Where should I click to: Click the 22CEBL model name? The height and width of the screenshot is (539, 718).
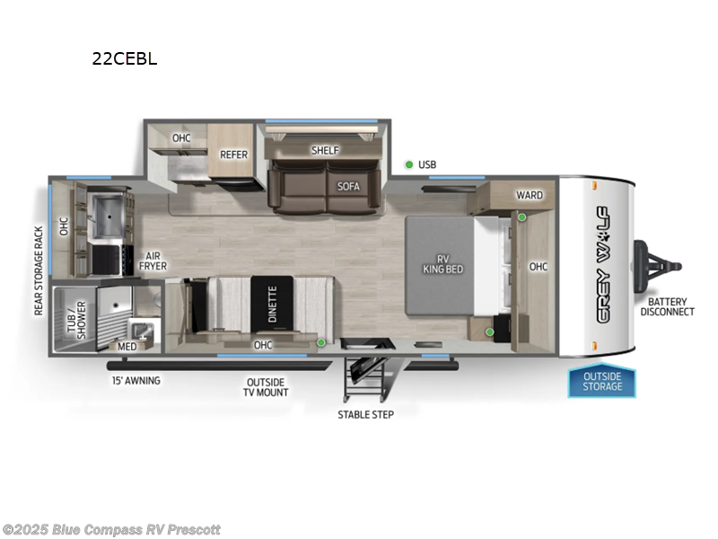coord(123,60)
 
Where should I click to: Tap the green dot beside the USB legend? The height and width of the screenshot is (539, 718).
coord(409,164)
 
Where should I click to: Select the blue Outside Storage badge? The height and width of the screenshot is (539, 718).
coord(602,381)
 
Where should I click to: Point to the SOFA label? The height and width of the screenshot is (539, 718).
coord(348,187)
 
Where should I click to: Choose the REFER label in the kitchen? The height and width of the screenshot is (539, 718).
coord(233,155)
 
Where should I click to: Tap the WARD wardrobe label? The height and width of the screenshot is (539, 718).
coord(529,195)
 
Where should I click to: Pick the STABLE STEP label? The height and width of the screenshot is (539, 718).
coord(365,414)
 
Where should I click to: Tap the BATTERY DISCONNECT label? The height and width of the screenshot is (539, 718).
coord(667,306)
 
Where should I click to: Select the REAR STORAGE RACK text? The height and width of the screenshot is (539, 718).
coord(38,269)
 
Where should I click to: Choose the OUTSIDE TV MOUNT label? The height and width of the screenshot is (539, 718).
coord(267,387)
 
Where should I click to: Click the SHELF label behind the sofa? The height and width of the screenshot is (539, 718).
coord(325,150)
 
